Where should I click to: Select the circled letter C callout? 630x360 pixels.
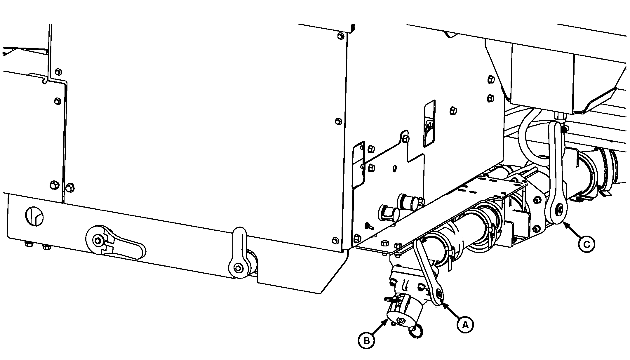pos(587,245)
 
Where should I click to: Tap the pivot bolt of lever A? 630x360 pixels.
pos(438,293)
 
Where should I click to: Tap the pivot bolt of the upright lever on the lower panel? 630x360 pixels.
pos(239,267)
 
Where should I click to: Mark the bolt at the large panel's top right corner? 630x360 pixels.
pos(340,36)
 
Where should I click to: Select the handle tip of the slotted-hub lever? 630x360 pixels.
pos(141,250)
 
